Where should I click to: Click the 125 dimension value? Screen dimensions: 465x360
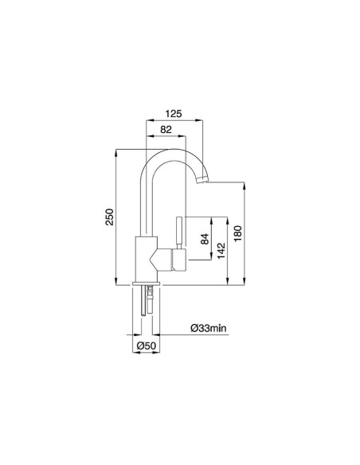click(x=174, y=114)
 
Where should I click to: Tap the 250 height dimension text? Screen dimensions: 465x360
click(x=110, y=216)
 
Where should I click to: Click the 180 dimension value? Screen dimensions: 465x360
click(x=237, y=234)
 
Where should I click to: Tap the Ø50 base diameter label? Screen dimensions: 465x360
click(x=144, y=346)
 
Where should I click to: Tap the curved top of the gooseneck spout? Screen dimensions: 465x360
click(x=172, y=152)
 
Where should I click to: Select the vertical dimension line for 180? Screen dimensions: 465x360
click(x=243, y=232)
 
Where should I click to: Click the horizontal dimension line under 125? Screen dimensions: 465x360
click(x=174, y=120)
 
